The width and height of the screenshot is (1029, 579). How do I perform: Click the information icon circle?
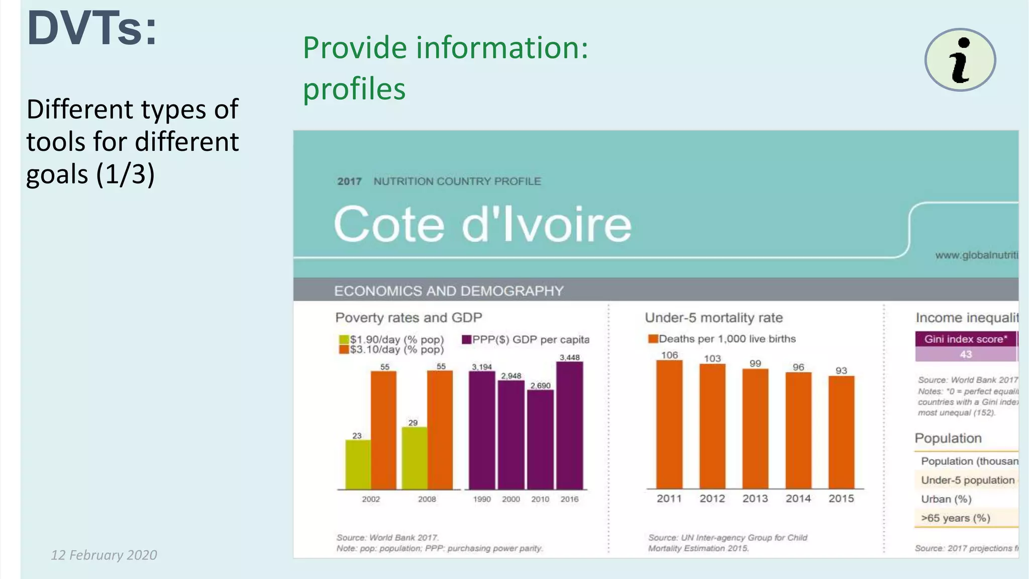[x=960, y=60]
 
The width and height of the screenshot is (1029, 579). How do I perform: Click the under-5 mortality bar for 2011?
[x=669, y=425]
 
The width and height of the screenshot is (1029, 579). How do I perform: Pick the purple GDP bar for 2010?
[x=540, y=439]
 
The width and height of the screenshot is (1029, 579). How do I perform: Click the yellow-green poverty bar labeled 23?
[x=357, y=464]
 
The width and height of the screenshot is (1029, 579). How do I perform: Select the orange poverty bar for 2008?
[x=440, y=430]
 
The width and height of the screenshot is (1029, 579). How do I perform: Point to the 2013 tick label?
[x=755, y=499]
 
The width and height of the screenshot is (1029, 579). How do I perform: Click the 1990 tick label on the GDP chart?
[x=482, y=499]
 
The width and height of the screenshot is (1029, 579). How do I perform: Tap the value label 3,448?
[x=570, y=357]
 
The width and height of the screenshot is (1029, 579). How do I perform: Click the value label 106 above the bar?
[x=669, y=355]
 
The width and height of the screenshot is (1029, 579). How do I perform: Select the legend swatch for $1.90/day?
[x=344, y=340]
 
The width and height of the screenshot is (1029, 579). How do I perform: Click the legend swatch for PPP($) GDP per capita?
[x=466, y=340]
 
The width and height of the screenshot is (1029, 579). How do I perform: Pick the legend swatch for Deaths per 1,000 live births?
[x=653, y=339]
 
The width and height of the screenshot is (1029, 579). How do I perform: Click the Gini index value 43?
[x=965, y=354]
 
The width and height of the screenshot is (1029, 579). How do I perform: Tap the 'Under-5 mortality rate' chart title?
[x=713, y=318]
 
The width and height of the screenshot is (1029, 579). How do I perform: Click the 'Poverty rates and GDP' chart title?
[x=408, y=318]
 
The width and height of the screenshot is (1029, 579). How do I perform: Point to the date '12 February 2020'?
[x=104, y=555]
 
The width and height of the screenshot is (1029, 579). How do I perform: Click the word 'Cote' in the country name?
[x=389, y=224]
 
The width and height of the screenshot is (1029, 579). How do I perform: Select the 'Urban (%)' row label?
[x=946, y=499]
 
